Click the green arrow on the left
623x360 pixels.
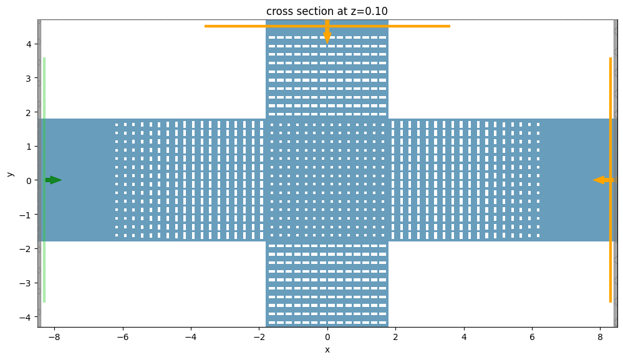coord(54,180)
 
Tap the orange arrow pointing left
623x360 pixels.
coord(602,180)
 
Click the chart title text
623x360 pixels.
coord(327,11)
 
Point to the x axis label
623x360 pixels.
coord(327,349)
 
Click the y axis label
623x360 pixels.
coord(10,173)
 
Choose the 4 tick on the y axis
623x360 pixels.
coord(29,44)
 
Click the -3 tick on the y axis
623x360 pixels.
coord(27,283)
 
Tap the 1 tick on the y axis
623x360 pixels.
coord(29,147)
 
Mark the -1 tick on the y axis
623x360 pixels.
coord(27,215)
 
